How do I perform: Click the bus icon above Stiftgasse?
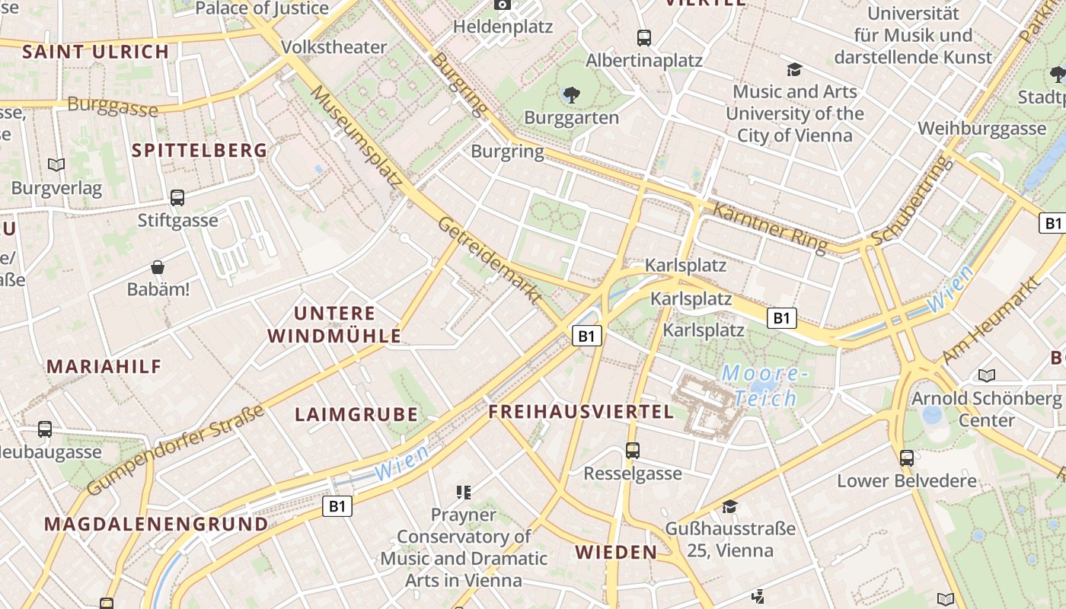[x=177, y=198]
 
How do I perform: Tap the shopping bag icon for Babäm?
[x=158, y=267]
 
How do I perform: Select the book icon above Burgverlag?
[x=56, y=164]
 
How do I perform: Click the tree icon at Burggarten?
[x=571, y=95]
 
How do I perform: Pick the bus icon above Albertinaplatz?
[x=644, y=37]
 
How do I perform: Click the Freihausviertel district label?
[x=581, y=412]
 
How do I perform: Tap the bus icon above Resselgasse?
[x=633, y=450]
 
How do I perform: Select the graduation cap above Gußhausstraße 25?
[x=729, y=506]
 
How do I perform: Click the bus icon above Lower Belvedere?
[x=906, y=458]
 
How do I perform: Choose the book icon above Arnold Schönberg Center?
[x=986, y=375]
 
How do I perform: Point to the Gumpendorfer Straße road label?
[x=176, y=450]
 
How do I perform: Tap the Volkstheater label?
[x=334, y=47]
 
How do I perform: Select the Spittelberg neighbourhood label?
[x=199, y=150]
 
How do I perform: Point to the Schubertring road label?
[x=911, y=200]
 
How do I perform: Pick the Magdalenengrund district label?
[x=156, y=524]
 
